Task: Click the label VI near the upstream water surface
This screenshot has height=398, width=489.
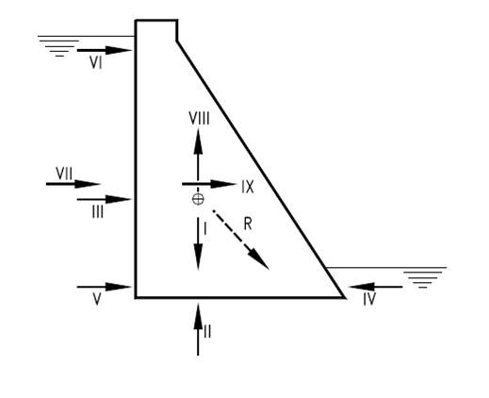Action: pos(96,62)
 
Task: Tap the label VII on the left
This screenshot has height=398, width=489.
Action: pos(64,174)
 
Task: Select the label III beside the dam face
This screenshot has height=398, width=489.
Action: pos(98,212)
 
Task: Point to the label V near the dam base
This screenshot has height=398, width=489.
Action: pos(97,299)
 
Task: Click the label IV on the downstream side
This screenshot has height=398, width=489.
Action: pos(369,299)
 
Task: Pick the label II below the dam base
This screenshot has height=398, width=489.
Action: pos(207,331)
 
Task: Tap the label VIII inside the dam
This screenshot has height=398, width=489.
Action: pos(199,119)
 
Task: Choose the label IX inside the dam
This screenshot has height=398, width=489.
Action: pos(248,187)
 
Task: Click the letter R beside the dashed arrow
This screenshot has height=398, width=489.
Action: pos(248,224)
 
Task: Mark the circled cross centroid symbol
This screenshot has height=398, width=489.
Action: pos(198,199)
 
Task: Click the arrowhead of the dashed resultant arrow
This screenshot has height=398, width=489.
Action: pos(261,261)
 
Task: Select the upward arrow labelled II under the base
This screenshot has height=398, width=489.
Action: pos(198,329)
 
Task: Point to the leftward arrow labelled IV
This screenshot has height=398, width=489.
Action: pos(376,287)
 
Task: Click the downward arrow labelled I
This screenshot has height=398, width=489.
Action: pos(198,243)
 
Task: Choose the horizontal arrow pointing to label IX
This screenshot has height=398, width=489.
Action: pos(209,184)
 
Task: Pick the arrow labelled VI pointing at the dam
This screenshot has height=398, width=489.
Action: pos(104,50)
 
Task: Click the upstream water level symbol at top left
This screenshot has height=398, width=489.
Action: pos(59,46)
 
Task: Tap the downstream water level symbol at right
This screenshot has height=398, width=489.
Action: pos(422,277)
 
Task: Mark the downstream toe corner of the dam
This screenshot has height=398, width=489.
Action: pos(344,297)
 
